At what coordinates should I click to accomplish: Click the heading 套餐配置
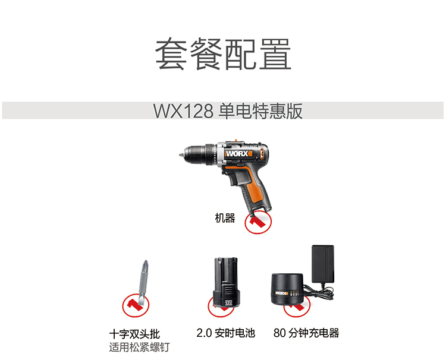point(223,54)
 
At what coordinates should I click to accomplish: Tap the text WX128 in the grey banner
point(184,111)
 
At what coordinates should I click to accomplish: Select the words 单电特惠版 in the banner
point(260,111)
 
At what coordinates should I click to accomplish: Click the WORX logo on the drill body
point(238,154)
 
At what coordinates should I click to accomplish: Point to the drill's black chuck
point(196,156)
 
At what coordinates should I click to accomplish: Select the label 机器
point(225,218)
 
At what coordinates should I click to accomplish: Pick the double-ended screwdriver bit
point(144,282)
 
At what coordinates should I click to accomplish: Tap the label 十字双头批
point(134,334)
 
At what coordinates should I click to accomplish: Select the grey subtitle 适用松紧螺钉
point(139,347)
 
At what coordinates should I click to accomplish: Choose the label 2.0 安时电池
point(225,333)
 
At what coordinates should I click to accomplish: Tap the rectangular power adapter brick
point(323,264)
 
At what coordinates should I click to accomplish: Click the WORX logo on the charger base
point(282,293)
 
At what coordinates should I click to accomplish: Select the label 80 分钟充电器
point(306,333)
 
